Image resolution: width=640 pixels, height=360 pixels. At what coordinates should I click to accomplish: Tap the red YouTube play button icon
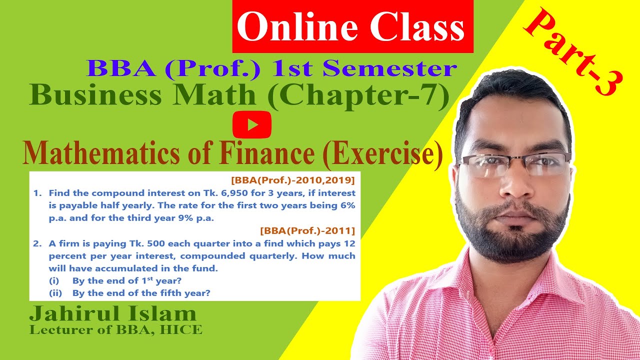[x=252, y=124]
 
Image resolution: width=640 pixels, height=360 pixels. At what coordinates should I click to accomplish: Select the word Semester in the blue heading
[x=389, y=69]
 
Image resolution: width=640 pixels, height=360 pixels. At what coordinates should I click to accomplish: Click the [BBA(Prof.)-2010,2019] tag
[x=292, y=179]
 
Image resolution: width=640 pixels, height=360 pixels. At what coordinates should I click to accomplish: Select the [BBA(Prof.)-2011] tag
[x=307, y=230]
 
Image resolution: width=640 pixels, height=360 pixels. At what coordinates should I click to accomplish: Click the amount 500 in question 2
[x=145, y=243]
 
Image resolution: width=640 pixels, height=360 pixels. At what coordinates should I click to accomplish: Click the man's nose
[x=512, y=185]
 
